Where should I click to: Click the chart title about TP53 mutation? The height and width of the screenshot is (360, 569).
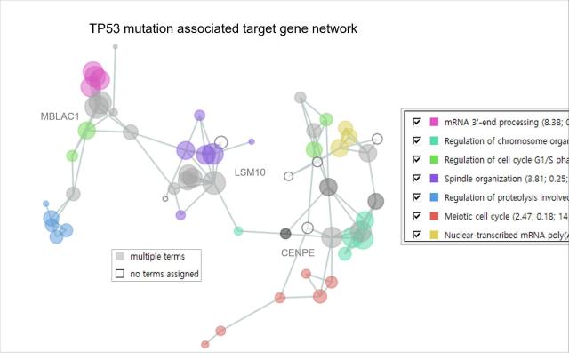(223, 29)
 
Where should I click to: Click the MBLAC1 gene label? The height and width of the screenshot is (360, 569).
(60, 116)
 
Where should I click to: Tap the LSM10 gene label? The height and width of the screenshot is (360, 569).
(250, 172)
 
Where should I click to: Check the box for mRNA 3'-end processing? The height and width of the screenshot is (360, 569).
(416, 120)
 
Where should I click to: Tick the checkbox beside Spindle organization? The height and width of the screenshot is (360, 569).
(416, 178)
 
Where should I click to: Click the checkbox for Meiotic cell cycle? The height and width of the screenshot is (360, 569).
(416, 216)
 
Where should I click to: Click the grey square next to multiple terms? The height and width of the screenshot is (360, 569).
(119, 256)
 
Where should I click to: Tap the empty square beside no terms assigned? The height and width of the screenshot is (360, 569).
(119, 274)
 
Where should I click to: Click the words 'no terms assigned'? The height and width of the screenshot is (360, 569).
(164, 274)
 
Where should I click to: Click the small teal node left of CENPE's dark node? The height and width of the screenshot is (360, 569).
(238, 231)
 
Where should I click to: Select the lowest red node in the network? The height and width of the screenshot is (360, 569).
(205, 344)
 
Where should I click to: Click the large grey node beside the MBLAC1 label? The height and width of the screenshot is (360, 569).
(100, 105)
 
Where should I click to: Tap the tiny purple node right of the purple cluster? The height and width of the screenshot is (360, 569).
(252, 141)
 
